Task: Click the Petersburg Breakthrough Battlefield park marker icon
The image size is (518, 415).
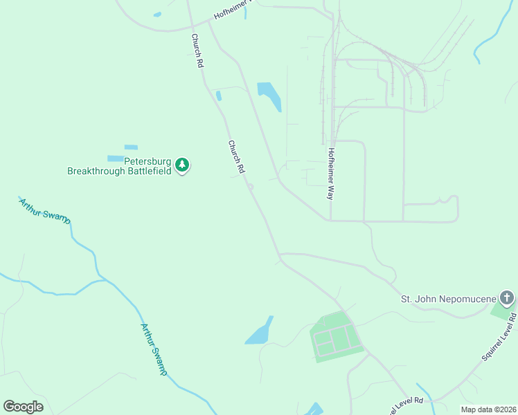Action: (x=182, y=165)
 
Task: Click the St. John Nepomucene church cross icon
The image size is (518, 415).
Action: (x=507, y=299)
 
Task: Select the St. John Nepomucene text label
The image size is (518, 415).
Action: (x=449, y=299)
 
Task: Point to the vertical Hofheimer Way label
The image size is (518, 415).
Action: (x=331, y=174)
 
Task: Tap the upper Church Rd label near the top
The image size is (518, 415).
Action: (x=197, y=50)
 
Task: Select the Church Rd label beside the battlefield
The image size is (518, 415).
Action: (x=236, y=158)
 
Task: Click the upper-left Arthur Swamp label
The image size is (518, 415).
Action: (x=45, y=210)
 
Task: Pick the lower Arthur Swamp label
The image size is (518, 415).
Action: (x=154, y=349)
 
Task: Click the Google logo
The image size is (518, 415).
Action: (x=23, y=407)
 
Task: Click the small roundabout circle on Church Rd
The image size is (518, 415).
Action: (x=251, y=186)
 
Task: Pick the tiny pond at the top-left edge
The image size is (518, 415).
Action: (x=157, y=14)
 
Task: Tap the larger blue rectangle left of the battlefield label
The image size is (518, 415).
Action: (x=115, y=158)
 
